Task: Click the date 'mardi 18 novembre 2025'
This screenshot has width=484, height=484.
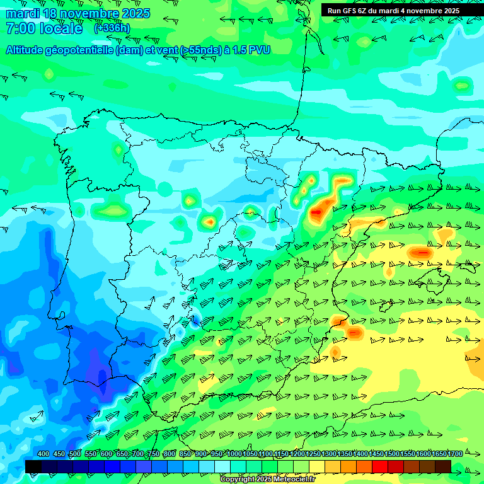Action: (78, 13)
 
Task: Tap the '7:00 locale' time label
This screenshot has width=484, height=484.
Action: (44, 28)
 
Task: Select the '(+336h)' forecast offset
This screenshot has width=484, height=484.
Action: (112, 28)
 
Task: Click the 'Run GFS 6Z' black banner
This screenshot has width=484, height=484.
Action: (393, 11)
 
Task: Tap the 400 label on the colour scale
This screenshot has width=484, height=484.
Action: (43, 454)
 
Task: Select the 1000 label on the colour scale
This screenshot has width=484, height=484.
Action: (234, 454)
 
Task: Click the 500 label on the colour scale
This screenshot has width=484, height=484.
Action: (75, 454)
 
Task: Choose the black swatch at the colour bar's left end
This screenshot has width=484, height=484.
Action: (33, 466)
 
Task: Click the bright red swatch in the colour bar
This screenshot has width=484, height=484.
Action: (380, 466)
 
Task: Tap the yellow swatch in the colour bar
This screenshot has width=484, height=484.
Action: (317, 466)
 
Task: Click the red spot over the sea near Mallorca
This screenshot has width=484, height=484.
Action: (421, 253)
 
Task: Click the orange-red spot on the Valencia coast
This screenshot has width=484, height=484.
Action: (354, 331)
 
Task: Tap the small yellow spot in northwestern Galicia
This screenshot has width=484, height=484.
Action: (118, 150)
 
